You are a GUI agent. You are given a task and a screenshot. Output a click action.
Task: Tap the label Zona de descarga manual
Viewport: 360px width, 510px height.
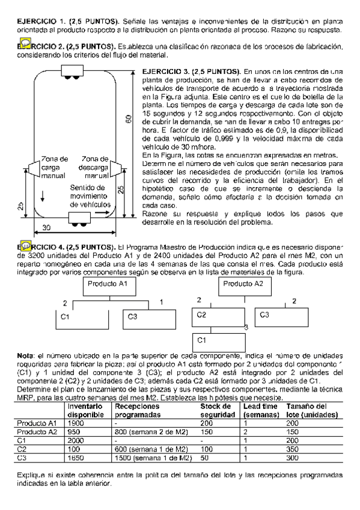tap(94, 167)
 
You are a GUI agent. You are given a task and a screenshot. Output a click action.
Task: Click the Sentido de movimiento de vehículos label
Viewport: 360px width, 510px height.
tap(88, 196)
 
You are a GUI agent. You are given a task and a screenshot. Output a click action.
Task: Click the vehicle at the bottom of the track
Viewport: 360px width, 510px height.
tap(79, 217)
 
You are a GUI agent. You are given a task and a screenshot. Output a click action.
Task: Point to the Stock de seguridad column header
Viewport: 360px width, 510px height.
tap(216, 410)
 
